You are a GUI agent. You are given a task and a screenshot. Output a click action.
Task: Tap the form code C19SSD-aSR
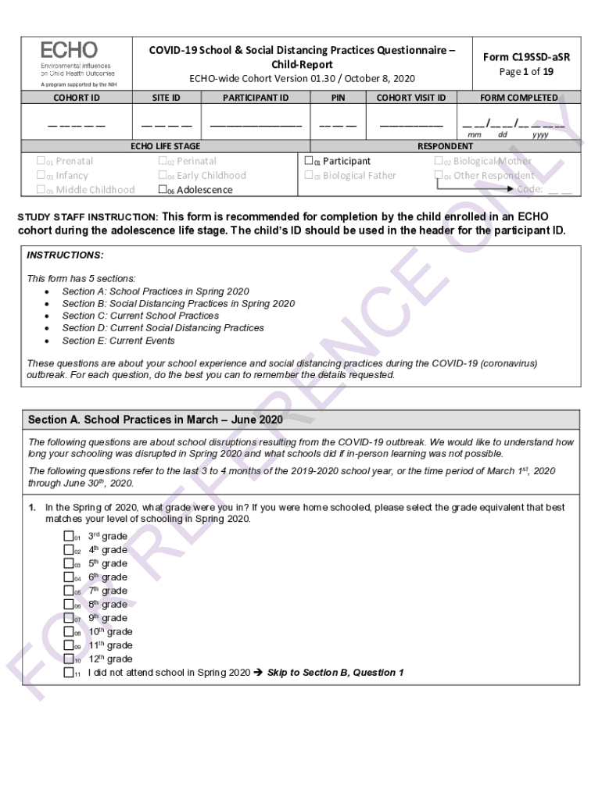point(525,57)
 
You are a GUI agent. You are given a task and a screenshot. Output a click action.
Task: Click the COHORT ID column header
point(76,98)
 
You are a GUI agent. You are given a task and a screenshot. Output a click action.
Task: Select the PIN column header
point(338,98)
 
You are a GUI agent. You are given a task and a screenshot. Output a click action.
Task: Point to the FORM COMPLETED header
point(518,98)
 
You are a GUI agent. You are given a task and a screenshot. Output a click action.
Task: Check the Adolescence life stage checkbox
point(163,190)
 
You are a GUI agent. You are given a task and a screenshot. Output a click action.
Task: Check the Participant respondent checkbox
point(308,161)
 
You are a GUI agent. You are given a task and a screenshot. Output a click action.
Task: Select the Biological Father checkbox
point(308,175)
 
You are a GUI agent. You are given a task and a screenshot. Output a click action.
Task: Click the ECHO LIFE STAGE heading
point(165,146)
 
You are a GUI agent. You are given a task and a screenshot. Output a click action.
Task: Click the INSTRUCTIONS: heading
point(65,255)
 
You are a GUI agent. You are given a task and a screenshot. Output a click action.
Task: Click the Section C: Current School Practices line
point(140,316)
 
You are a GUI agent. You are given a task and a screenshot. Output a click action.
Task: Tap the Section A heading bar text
point(155,420)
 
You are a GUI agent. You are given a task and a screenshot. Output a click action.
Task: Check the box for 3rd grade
point(69,536)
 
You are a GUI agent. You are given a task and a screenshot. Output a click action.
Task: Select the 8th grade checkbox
point(69,604)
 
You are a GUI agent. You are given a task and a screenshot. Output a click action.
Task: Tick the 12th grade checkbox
point(69,659)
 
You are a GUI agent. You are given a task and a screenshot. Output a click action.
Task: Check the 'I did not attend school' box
point(69,673)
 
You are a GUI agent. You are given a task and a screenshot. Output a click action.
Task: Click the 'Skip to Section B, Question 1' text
point(335,673)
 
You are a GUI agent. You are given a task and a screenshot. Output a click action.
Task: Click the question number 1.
point(33,508)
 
